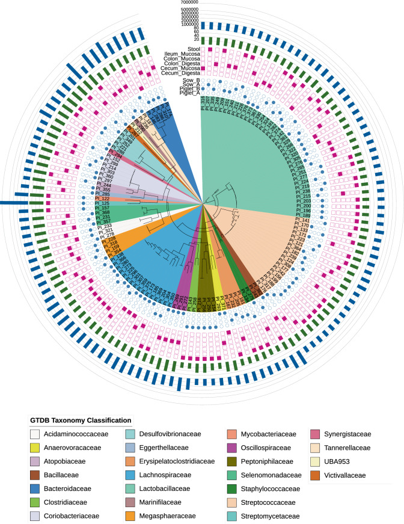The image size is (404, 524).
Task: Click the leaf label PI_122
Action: click(102, 199)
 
